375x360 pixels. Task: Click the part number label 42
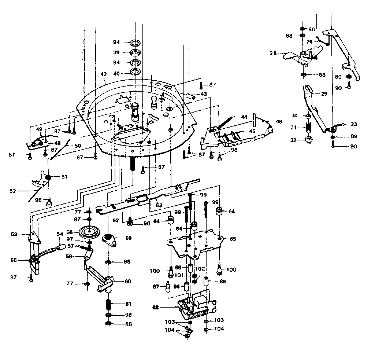tap(103, 74)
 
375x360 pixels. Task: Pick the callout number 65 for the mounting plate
tap(233, 239)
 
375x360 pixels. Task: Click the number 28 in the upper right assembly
tap(272, 53)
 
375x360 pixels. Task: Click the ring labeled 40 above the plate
tap(135, 71)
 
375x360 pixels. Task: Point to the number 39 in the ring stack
tap(116, 52)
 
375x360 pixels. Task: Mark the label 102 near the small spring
tap(200, 268)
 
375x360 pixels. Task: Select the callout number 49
tap(39, 129)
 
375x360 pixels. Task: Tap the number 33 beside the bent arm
tap(353, 124)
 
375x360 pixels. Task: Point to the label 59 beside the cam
tap(128, 238)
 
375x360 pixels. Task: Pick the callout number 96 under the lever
tap(38, 200)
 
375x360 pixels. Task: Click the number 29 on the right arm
tap(324, 94)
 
